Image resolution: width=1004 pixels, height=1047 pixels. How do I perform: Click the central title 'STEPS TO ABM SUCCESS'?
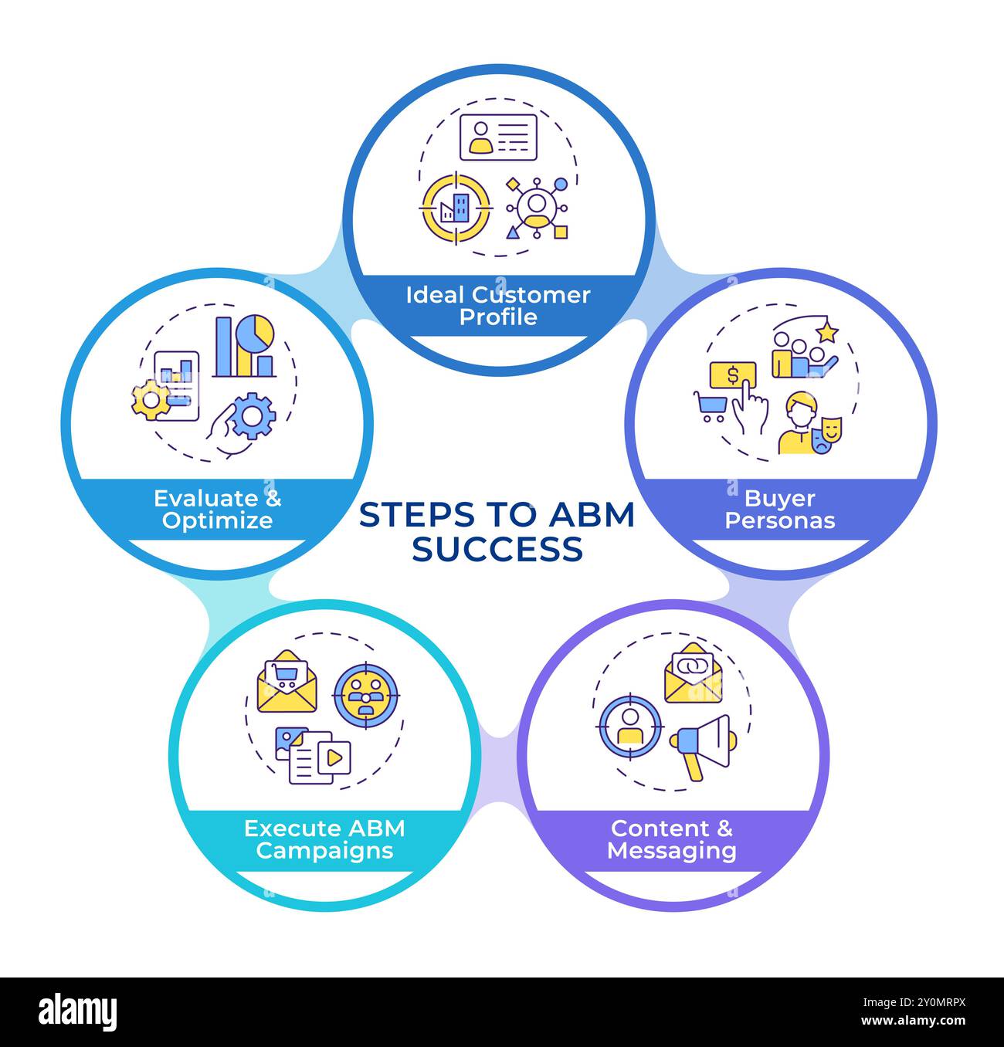tap(497, 532)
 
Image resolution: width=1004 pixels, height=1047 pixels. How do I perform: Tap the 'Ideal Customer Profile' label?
tap(498, 306)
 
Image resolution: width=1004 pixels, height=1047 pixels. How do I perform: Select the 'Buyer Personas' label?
tap(779, 510)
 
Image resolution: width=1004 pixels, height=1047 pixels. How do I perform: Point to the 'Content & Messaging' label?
tap(671, 839)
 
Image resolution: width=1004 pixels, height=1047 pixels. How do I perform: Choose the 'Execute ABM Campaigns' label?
tap(324, 839)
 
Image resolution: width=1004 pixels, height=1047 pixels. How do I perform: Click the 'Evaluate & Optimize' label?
tap(217, 510)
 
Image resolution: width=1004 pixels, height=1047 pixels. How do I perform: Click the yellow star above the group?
tap(827, 332)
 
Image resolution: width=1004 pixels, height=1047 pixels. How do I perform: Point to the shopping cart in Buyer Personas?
tap(711, 406)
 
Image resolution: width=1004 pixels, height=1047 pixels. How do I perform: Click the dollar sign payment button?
tap(732, 374)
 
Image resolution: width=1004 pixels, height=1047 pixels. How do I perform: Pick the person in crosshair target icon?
tap(629, 727)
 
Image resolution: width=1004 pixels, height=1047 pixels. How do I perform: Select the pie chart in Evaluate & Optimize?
tap(255, 334)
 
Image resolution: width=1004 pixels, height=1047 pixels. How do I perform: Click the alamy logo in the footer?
tap(78, 1012)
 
